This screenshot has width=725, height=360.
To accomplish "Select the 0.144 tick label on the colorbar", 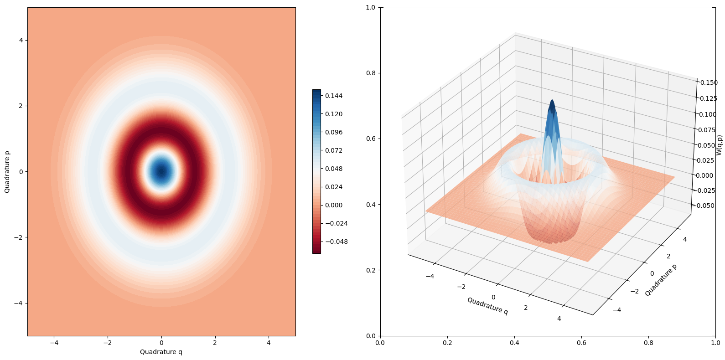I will click(x=334, y=96).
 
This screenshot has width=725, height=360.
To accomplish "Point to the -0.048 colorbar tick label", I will click(x=336, y=242).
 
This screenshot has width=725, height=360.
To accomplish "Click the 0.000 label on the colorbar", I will click(x=334, y=205).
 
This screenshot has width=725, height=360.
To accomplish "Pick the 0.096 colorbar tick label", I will click(x=334, y=132).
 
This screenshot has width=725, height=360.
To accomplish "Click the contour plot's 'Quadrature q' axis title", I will click(x=161, y=352).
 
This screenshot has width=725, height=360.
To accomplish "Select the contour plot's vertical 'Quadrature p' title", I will click(x=7, y=172).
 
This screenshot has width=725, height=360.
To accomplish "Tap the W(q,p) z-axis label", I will click(x=719, y=145).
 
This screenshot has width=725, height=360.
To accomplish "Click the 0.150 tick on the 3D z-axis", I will click(x=709, y=82).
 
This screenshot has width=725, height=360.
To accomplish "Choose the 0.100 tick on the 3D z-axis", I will click(x=708, y=114).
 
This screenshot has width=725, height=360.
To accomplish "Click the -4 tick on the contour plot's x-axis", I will click(x=54, y=343).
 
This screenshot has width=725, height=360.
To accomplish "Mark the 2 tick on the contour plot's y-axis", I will click(x=21, y=106).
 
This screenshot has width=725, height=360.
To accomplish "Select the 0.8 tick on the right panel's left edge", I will click(x=372, y=73).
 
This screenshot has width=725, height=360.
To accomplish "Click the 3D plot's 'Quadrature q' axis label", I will click(x=487, y=306).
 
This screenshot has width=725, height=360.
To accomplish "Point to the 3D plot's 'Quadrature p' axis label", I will click(x=660, y=280).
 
